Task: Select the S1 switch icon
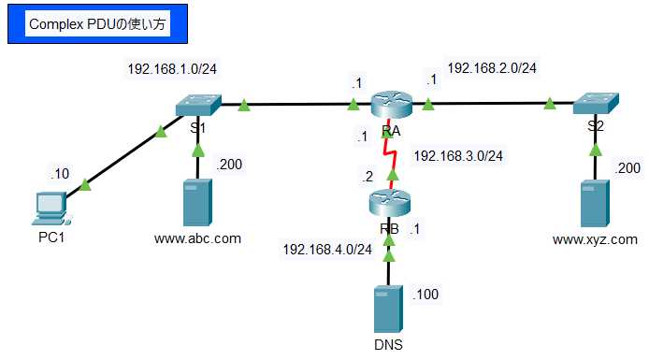pos(197,105)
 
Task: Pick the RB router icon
pos(390,202)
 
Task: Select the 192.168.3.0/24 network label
pos(458,155)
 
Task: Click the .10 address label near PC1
pos(61,173)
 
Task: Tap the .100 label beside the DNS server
pos(425,294)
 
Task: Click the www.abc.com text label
pos(197,238)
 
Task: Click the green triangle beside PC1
pos(86,186)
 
